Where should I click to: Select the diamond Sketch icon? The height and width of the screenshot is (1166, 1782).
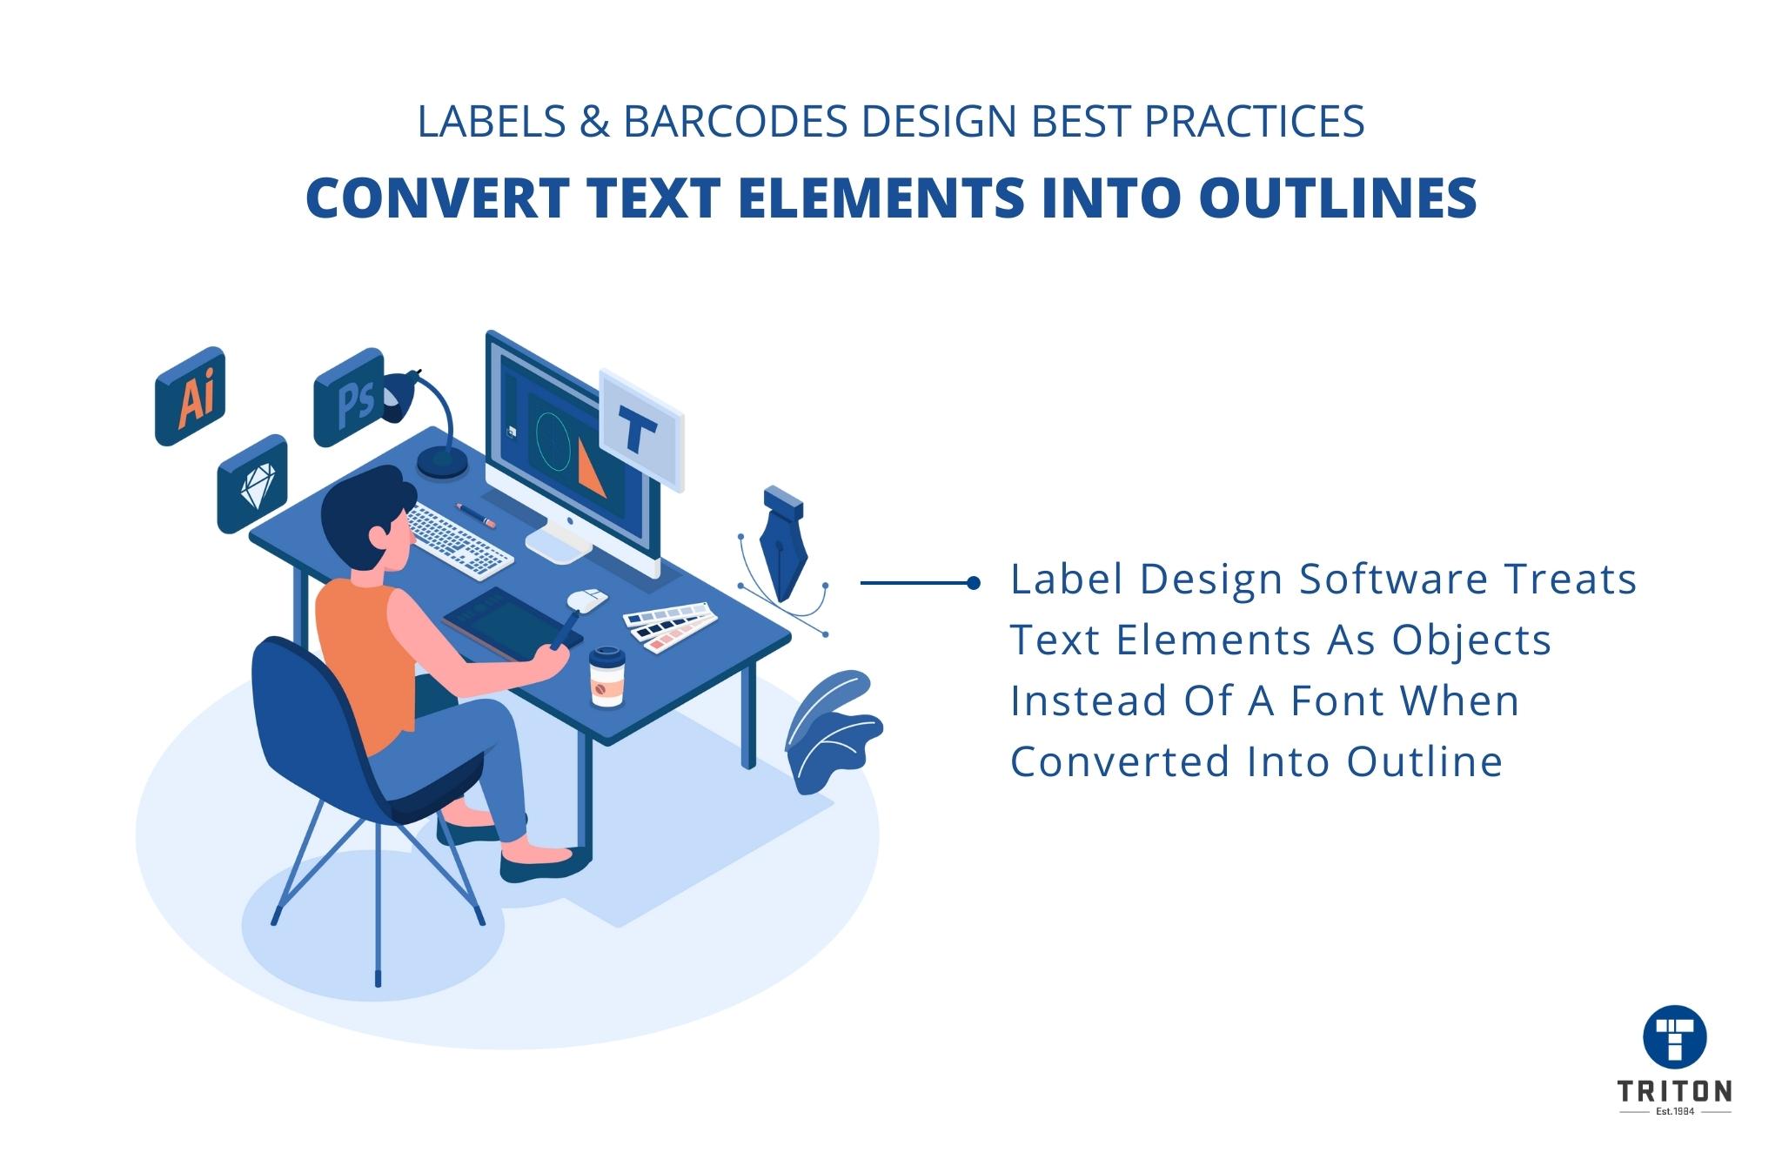tap(253, 484)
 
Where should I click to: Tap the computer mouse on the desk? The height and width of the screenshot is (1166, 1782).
tap(587, 599)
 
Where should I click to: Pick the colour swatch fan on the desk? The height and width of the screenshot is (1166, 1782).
tap(668, 624)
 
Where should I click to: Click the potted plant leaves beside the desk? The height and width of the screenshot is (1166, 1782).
tap(831, 731)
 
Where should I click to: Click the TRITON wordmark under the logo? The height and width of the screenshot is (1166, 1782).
tap(1674, 1091)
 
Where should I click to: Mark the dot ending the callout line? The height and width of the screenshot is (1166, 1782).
tap(974, 584)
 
